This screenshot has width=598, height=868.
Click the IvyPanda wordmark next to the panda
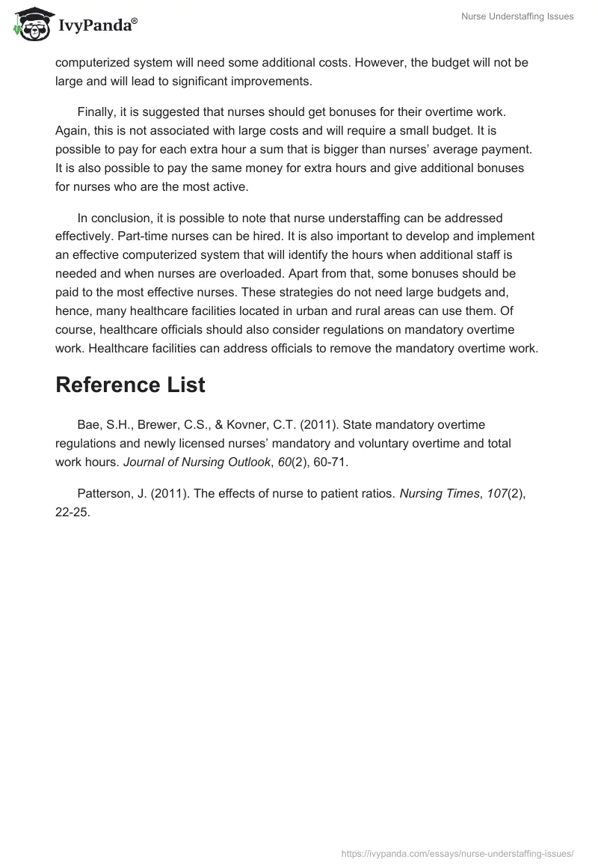(x=96, y=27)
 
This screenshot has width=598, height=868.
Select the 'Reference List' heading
(x=130, y=385)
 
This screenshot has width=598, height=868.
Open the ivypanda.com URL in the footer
(x=457, y=852)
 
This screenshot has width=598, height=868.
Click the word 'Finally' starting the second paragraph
(x=97, y=112)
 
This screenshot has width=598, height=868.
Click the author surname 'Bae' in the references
(x=89, y=426)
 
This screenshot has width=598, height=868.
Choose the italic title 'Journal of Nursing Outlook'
(x=196, y=462)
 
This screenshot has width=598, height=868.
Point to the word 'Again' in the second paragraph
(x=72, y=130)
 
